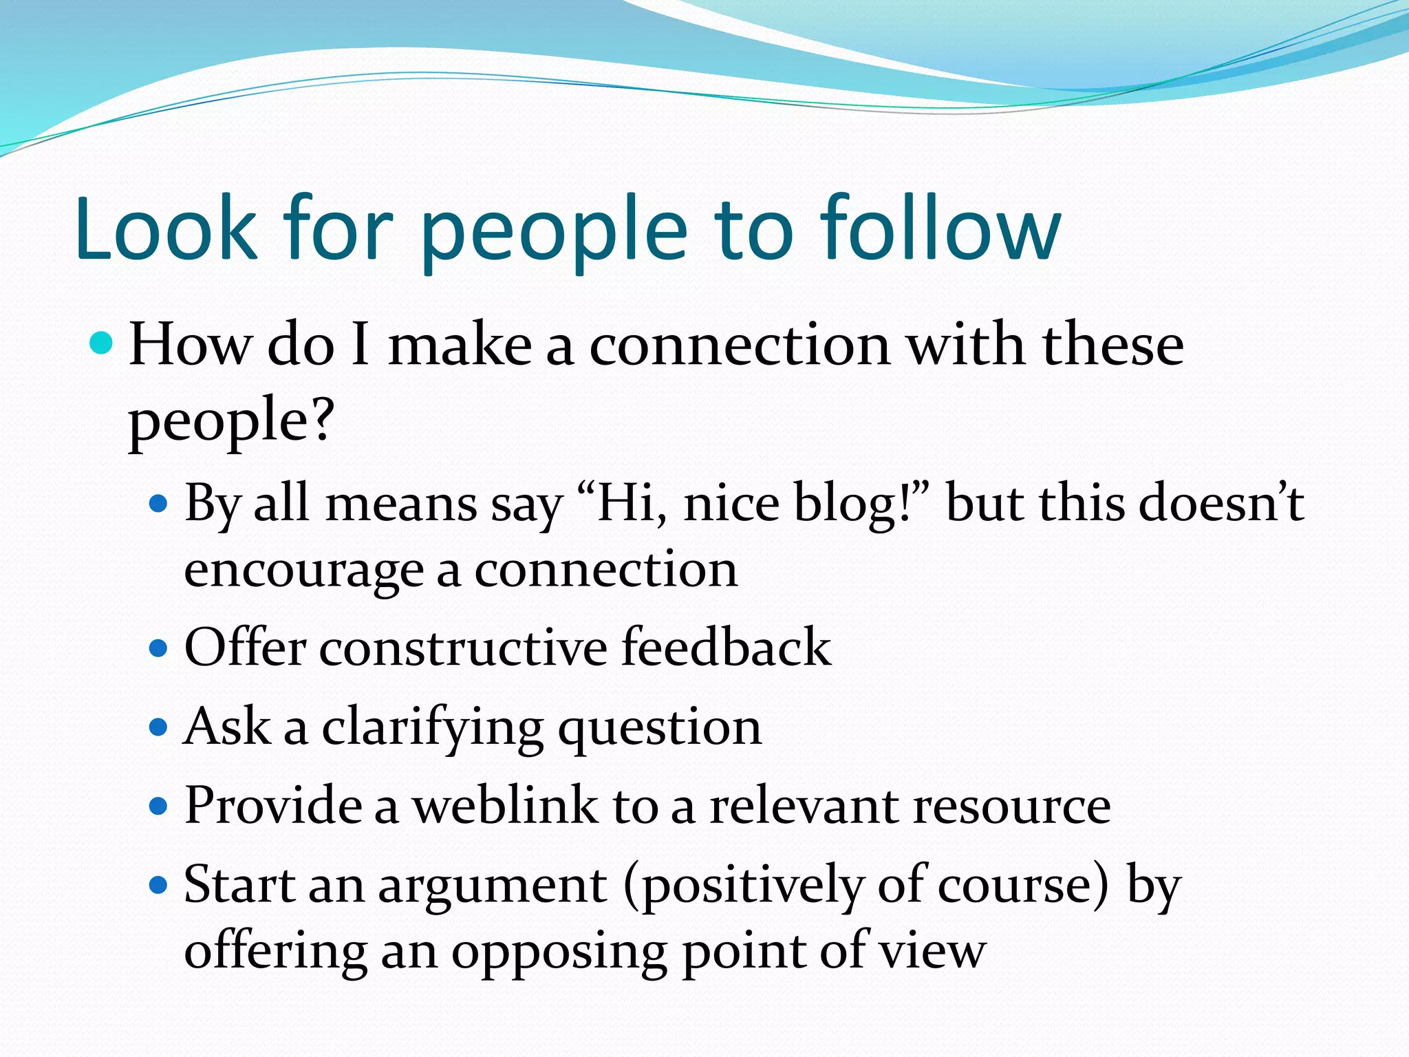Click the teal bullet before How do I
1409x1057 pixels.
102,342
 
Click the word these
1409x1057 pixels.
1112,345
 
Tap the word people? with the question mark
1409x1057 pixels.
231,421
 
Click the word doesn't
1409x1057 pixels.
1221,503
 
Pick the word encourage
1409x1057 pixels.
303,571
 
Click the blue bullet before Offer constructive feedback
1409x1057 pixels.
159,648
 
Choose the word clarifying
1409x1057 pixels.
433,728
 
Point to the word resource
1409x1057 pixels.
1011,807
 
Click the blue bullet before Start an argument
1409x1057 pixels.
159,885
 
